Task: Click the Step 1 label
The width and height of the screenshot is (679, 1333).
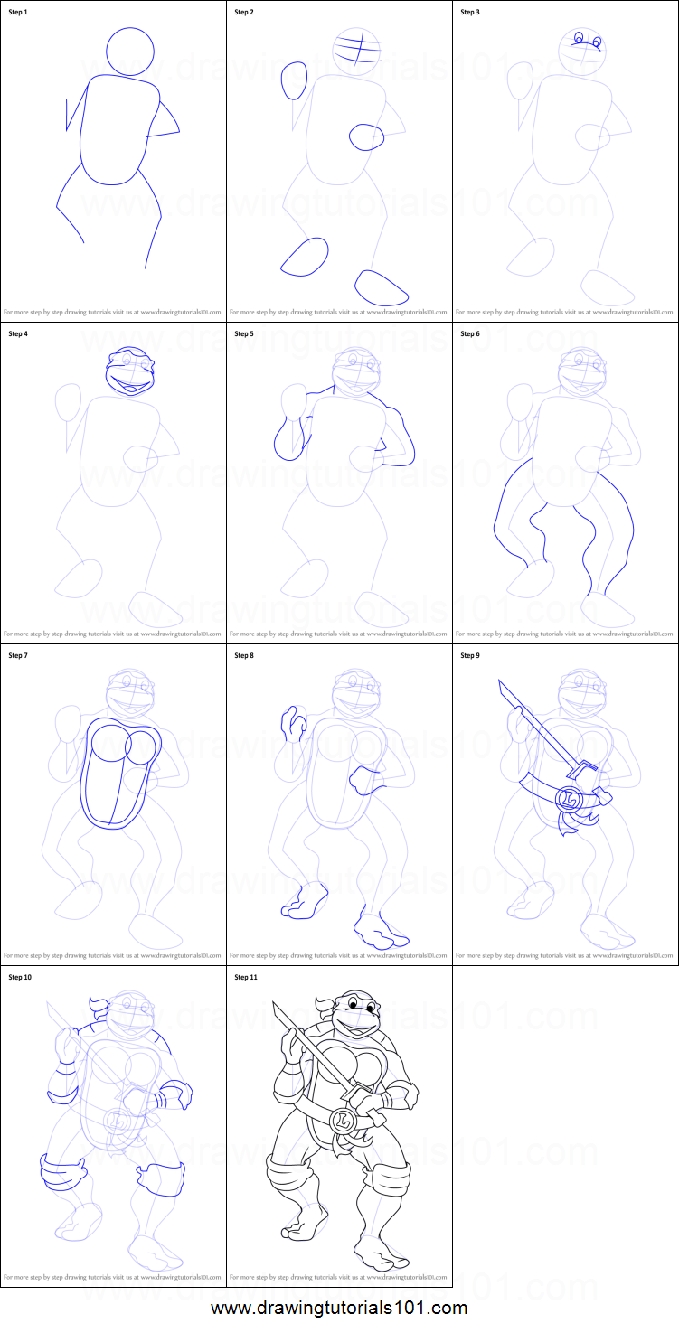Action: (18, 12)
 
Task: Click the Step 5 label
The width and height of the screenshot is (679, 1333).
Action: (244, 333)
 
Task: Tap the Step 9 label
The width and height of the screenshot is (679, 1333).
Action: (470, 655)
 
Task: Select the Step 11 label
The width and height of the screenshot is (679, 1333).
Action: (246, 977)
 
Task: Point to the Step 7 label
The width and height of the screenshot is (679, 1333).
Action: (18, 655)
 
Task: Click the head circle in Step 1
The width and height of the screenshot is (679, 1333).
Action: (130, 51)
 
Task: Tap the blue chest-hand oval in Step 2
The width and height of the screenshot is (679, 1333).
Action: (367, 136)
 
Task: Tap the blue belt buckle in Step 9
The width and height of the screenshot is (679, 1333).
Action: (570, 799)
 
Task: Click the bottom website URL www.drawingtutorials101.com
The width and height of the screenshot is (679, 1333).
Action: (339, 1308)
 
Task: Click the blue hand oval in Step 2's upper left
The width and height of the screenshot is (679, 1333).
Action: (294, 80)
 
